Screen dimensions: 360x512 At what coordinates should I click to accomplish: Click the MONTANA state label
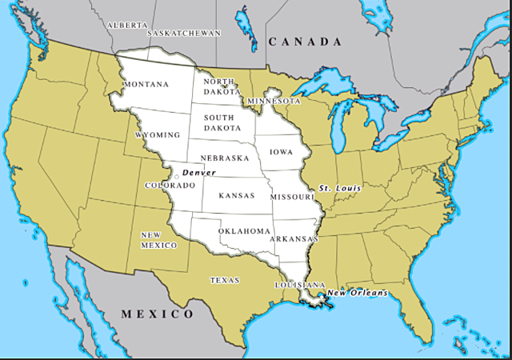pos(146,84)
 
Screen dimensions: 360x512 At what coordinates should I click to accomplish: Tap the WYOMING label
pos(158,135)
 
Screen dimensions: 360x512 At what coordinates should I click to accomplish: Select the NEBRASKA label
pos(225,158)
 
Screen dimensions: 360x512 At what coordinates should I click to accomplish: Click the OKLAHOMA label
pos(246,230)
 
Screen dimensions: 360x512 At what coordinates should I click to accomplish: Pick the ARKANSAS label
pos(294,238)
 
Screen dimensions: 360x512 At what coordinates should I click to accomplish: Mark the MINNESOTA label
pos(274,101)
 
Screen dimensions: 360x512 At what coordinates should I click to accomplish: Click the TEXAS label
pos(225,280)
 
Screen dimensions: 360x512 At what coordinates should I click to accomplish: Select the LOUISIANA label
pos(299,285)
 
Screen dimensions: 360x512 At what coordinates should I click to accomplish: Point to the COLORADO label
pos(165,185)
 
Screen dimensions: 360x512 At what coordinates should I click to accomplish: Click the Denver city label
pos(198,173)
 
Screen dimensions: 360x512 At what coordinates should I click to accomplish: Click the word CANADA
pos(305,42)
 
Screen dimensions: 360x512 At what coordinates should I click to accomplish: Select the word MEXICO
pos(157,314)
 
